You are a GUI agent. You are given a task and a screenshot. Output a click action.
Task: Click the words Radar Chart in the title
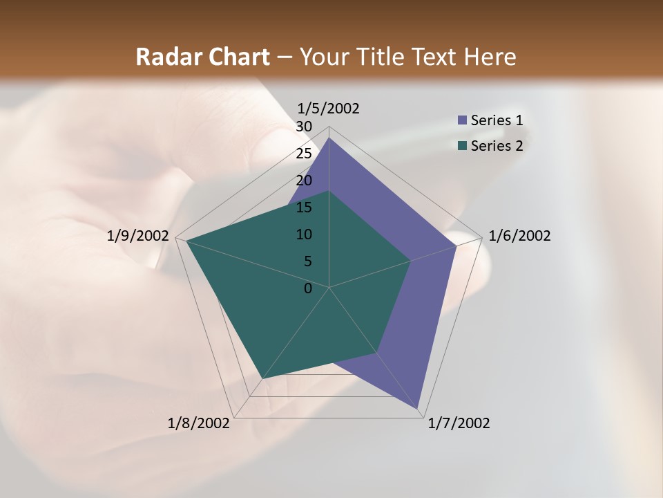pyautogui.click(x=202, y=57)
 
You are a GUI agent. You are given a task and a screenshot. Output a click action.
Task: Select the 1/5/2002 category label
pyautogui.click(x=328, y=108)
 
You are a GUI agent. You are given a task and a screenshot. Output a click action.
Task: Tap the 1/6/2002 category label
pyautogui.click(x=519, y=236)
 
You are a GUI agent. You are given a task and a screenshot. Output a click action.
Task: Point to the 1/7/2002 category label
pyautogui.click(x=459, y=423)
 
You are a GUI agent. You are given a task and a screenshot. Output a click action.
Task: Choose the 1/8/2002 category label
pyautogui.click(x=199, y=423)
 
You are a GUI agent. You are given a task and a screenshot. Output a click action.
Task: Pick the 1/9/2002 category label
pyautogui.click(x=138, y=236)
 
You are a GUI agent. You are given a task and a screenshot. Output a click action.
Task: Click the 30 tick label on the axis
pyautogui.click(x=304, y=127)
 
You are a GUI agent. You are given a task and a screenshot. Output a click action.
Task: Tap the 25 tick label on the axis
pyautogui.click(x=304, y=154)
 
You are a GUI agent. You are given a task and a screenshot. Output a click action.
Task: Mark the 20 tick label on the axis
pyautogui.click(x=304, y=181)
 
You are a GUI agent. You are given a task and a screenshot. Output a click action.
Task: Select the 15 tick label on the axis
pyautogui.click(x=304, y=207)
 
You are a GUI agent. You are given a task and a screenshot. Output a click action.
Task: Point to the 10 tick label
pyautogui.click(x=304, y=234)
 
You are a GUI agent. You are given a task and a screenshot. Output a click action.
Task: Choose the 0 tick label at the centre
pyautogui.click(x=308, y=288)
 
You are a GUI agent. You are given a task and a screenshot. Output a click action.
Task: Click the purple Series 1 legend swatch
pyautogui.click(x=462, y=120)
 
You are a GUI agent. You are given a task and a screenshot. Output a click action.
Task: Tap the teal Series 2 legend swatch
pyautogui.click(x=462, y=146)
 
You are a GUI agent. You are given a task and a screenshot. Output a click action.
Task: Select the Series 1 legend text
pyautogui.click(x=497, y=120)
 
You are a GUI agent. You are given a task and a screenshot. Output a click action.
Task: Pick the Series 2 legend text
pyautogui.click(x=497, y=146)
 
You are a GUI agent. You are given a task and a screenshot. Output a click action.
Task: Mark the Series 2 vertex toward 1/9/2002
pyautogui.click(x=186, y=241)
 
